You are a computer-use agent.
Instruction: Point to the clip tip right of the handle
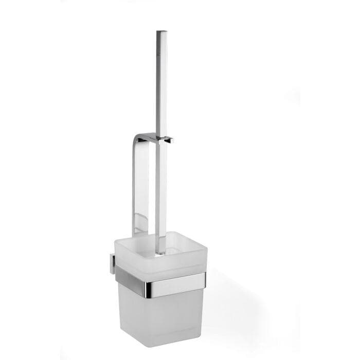[171, 139]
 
